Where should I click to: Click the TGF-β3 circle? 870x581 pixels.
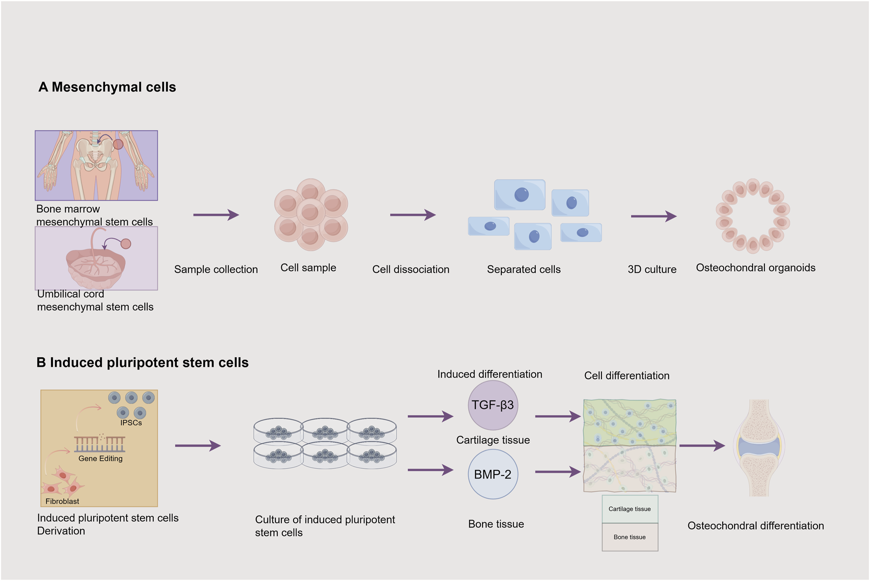[492, 405]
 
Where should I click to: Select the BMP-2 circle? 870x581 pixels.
[492, 475]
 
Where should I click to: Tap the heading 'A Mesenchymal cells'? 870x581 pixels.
[107, 87]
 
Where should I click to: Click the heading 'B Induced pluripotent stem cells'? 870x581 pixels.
[142, 363]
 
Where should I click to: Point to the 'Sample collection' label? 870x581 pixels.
[216, 269]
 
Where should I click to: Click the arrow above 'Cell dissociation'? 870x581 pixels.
[412, 215]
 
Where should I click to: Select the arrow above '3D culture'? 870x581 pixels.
[653, 216]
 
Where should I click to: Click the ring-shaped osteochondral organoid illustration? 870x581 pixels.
[752, 216]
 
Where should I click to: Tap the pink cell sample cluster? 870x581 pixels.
[311, 215]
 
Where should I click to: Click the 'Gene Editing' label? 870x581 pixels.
[100, 458]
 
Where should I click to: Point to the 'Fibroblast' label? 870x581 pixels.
[62, 501]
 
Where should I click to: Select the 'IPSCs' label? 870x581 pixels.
[131, 423]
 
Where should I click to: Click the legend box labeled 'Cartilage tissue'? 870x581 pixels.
[629, 509]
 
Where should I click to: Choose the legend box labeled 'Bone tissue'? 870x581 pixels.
[629, 537]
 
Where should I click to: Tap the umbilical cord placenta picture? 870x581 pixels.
[96, 258]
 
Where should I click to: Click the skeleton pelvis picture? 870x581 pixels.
[96, 165]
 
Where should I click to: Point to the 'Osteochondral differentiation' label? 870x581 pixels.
[755, 526]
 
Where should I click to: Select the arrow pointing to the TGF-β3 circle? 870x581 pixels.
[430, 416]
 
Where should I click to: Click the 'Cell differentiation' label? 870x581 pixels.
[626, 375]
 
